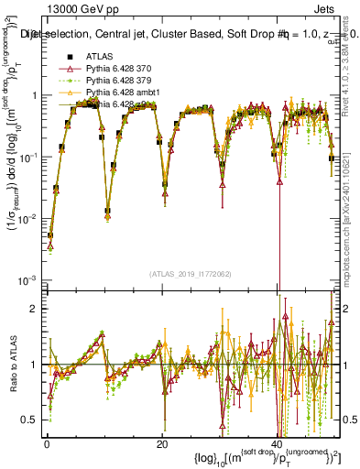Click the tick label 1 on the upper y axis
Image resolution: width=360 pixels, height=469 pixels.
tap(34, 96)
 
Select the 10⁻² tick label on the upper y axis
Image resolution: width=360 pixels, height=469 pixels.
tap(29, 218)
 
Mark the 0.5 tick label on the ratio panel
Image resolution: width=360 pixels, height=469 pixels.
tap(30, 420)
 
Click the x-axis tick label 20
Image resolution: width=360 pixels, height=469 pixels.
tap(162, 444)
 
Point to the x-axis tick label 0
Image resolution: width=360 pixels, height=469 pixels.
tap(46, 444)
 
